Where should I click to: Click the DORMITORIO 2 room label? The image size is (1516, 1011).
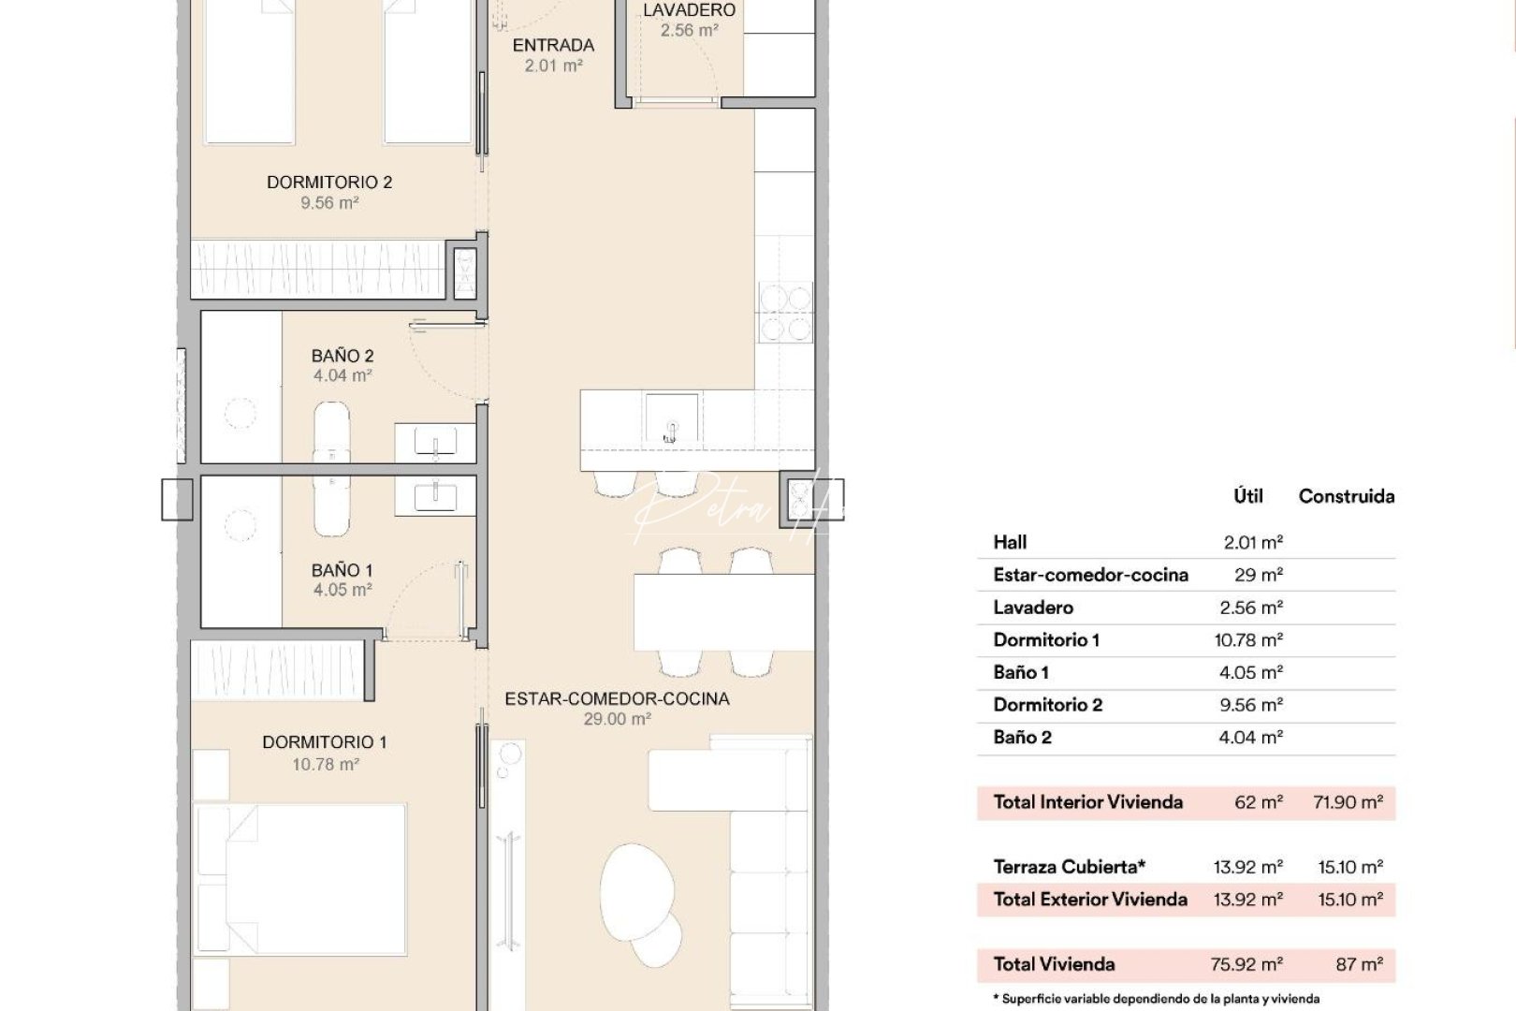pyautogui.click(x=328, y=183)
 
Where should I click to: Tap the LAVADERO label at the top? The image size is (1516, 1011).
pyautogui.click(x=689, y=10)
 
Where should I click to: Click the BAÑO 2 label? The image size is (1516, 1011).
pyautogui.click(x=343, y=356)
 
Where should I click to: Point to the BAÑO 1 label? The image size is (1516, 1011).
pyautogui.click(x=343, y=570)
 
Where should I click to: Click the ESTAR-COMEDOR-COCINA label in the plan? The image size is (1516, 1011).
pyautogui.click(x=617, y=698)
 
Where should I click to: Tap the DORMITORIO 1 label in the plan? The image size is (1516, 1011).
pyautogui.click(x=324, y=742)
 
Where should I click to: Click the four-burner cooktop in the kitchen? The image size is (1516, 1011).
pyautogui.click(x=785, y=314)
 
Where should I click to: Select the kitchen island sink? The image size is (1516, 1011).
pyautogui.click(x=671, y=418)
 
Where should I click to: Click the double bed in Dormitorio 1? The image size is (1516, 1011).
pyautogui.click(x=300, y=878)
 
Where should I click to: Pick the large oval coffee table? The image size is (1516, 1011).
pyautogui.click(x=636, y=889)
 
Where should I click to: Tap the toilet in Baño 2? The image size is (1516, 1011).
pyautogui.click(x=331, y=431)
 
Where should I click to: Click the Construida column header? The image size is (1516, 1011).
pyautogui.click(x=1346, y=497)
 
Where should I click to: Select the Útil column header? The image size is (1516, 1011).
pyautogui.click(x=1247, y=497)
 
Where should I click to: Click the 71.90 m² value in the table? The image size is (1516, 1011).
pyautogui.click(x=1348, y=802)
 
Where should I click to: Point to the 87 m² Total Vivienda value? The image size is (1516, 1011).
pyautogui.click(x=1359, y=964)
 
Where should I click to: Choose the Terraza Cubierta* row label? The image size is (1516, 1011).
pyautogui.click(x=1069, y=867)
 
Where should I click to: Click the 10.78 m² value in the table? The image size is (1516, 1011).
pyautogui.click(x=1248, y=640)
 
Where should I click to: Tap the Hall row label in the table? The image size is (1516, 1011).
pyautogui.click(x=1010, y=542)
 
